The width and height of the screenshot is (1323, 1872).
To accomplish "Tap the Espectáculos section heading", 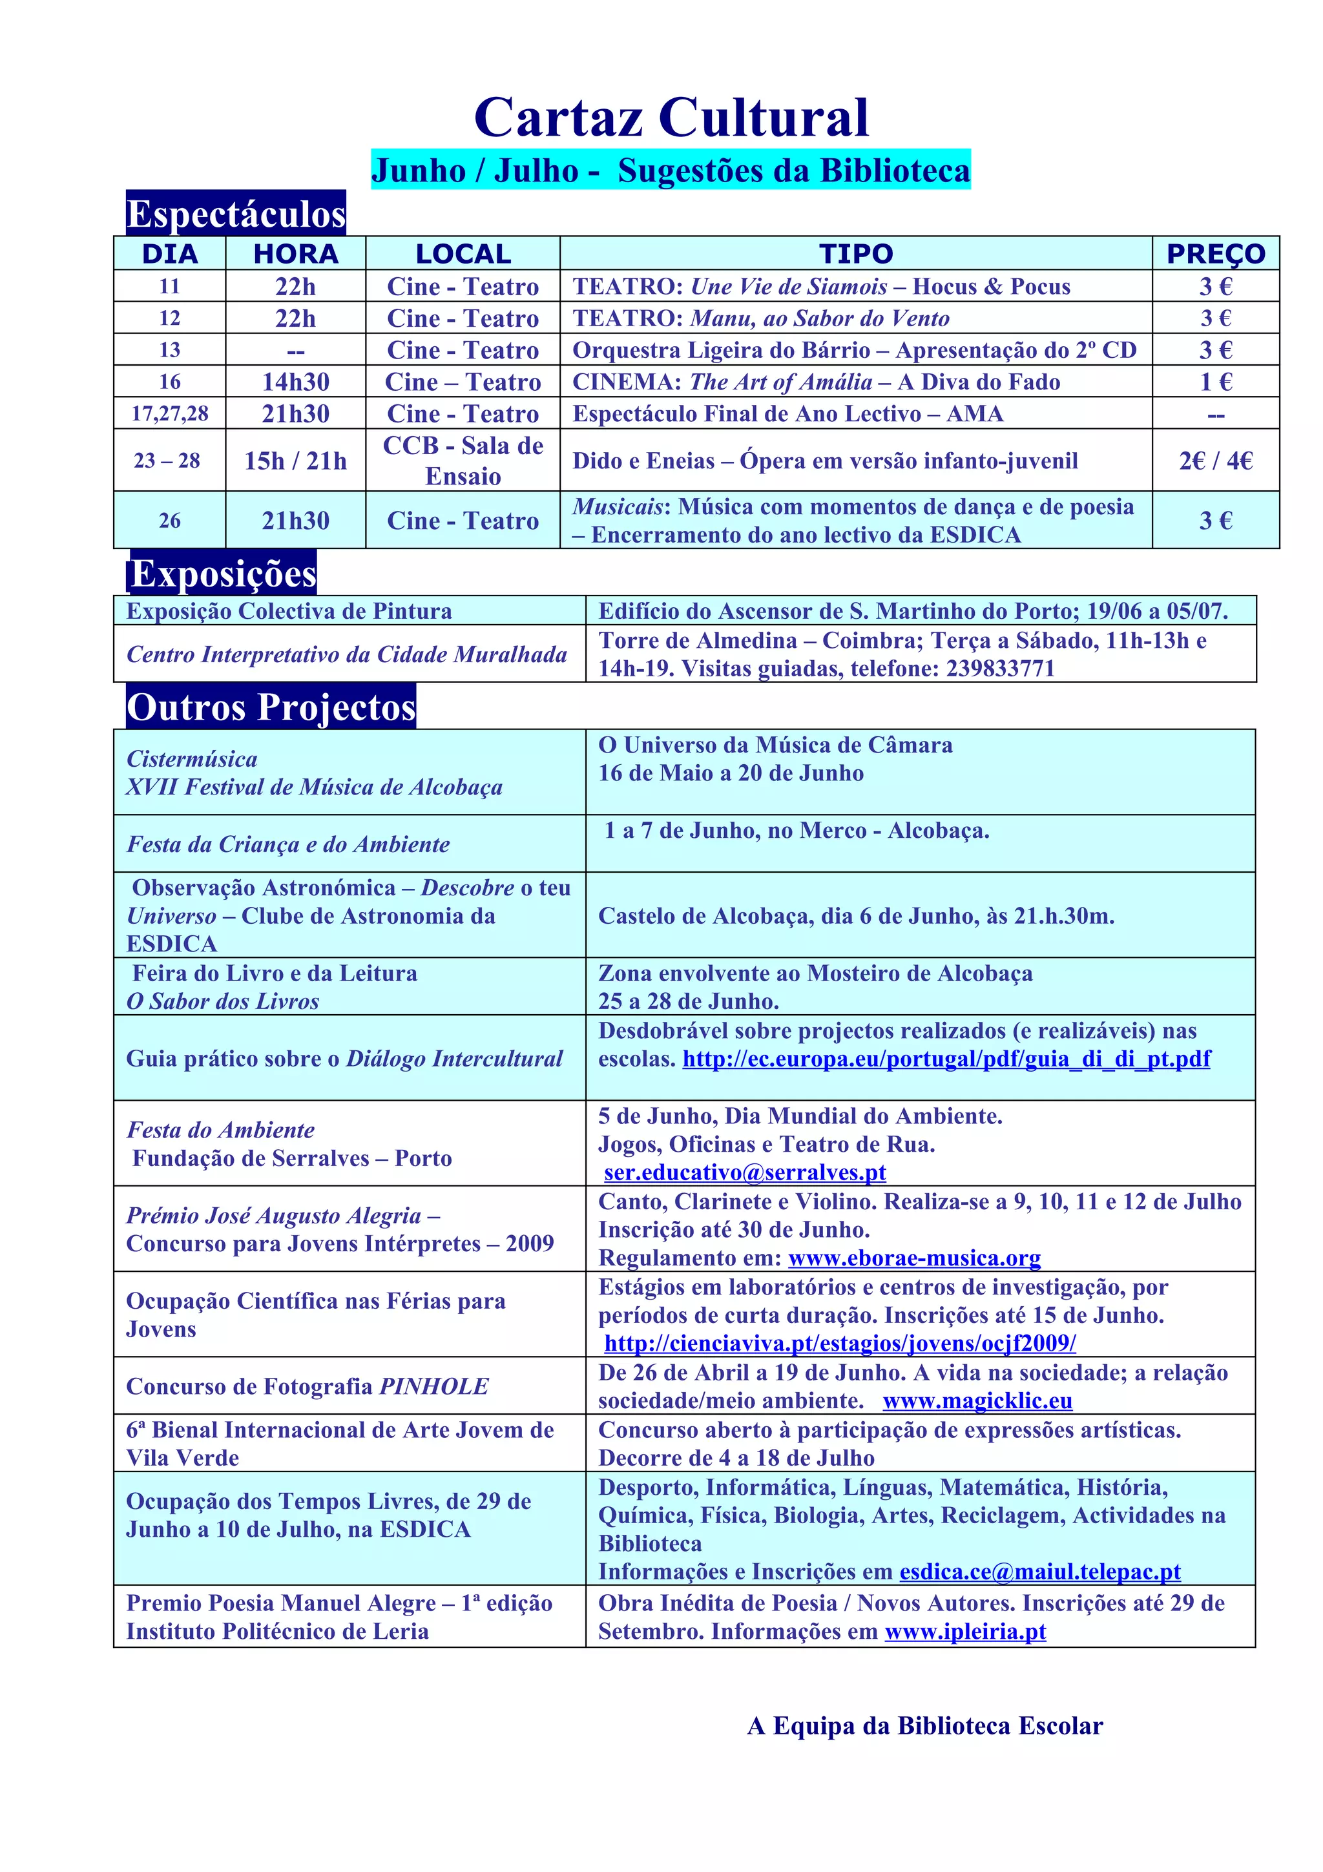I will point(236,214).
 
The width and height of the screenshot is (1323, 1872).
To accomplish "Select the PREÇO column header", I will point(1214,254).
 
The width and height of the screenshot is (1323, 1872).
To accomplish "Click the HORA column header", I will point(295,254).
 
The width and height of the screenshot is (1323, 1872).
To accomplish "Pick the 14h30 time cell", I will point(295,382).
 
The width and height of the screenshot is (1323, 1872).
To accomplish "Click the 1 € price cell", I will point(1214,382).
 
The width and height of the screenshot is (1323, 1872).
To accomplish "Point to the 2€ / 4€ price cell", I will point(1214,461).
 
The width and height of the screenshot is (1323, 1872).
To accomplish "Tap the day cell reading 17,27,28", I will point(169,413).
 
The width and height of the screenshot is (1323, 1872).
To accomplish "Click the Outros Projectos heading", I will point(271,707).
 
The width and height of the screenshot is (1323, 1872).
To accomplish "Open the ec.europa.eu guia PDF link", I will point(946,1059).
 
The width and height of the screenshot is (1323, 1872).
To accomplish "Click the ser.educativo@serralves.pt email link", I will point(744,1172).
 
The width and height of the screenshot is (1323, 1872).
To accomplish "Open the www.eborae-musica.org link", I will point(914,1258).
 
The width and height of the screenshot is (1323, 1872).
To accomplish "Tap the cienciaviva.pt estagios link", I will point(840,1343).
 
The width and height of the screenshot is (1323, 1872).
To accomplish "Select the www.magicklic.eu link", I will point(977,1400).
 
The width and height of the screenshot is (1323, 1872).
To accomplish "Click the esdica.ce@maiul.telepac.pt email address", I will point(1039,1571).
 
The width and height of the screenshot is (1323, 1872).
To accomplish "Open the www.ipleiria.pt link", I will point(965,1632).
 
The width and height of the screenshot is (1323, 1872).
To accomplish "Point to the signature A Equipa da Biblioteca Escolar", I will point(924,1726).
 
